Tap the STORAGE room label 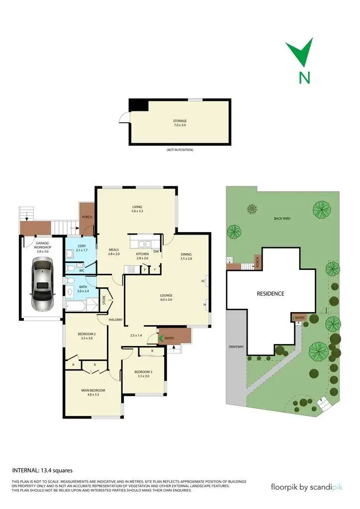(180, 121)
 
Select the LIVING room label (137, 207)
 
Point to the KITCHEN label (143, 254)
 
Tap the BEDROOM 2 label (87, 333)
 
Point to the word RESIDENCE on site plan (270, 294)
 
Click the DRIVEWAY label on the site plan (236, 346)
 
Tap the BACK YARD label (281, 218)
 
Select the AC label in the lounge (203, 281)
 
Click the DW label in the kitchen (156, 251)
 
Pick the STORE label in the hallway (104, 300)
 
